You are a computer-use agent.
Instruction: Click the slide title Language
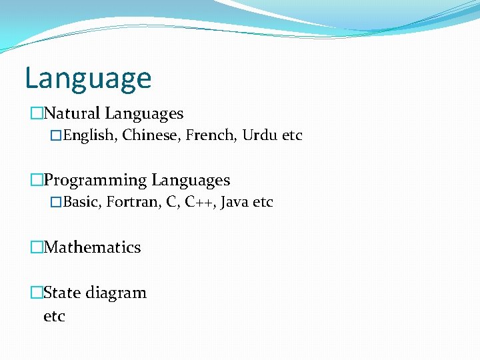pyautogui.click(x=88, y=79)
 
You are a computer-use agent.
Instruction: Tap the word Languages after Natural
pyautogui.click(x=144, y=114)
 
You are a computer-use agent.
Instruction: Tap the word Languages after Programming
pyautogui.click(x=191, y=181)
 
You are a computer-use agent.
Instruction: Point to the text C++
pyautogui.click(x=199, y=202)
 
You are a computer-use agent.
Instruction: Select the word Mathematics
pyautogui.click(x=92, y=247)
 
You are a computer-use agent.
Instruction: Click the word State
pyautogui.click(x=61, y=293)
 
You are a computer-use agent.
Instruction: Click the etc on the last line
pyautogui.click(x=54, y=316)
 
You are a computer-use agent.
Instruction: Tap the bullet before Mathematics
pyautogui.click(x=37, y=248)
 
